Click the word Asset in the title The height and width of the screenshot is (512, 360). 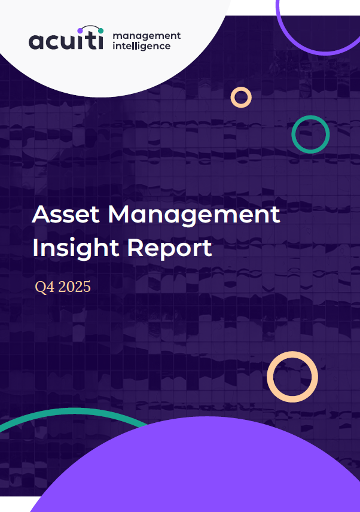(66, 214)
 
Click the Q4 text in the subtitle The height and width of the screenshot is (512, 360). (45, 287)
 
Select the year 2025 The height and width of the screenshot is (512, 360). (74, 287)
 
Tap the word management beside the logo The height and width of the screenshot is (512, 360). (147, 36)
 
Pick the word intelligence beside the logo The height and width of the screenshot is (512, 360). (141, 45)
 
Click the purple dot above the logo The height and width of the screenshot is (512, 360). (80, 31)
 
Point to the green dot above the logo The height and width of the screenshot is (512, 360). (100, 31)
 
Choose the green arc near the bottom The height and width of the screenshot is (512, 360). (72, 410)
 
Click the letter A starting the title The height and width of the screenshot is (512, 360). (41, 214)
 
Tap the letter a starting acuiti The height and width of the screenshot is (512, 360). (36, 42)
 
